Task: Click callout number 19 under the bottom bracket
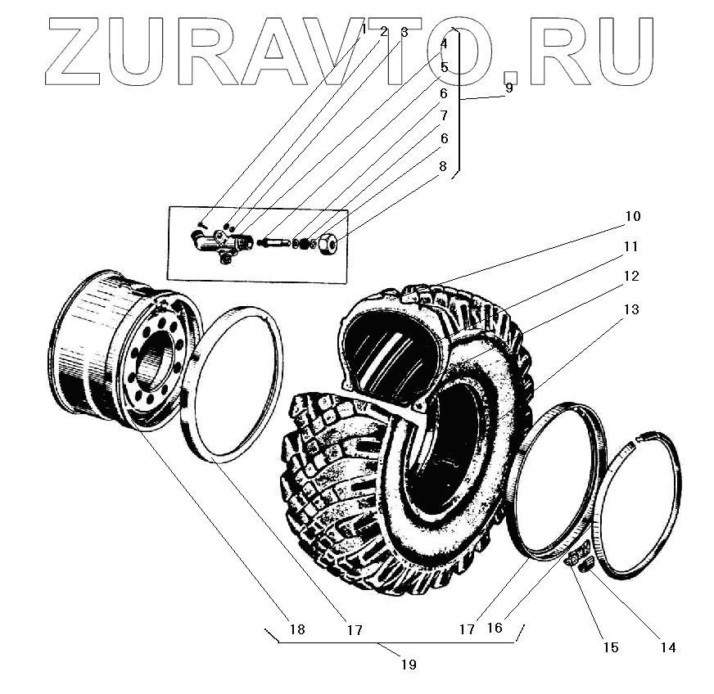[x=409, y=665]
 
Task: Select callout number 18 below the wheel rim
[x=296, y=629]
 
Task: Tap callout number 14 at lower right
[x=668, y=647]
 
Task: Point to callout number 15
[x=610, y=647]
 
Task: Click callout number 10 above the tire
[x=632, y=217]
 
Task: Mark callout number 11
[x=630, y=246]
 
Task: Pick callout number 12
[x=630, y=276]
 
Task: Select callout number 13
[x=630, y=310]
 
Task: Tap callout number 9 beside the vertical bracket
[x=508, y=88]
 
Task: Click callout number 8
[x=443, y=166]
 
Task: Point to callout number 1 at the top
[x=364, y=29]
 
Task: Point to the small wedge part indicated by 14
[x=586, y=565]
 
